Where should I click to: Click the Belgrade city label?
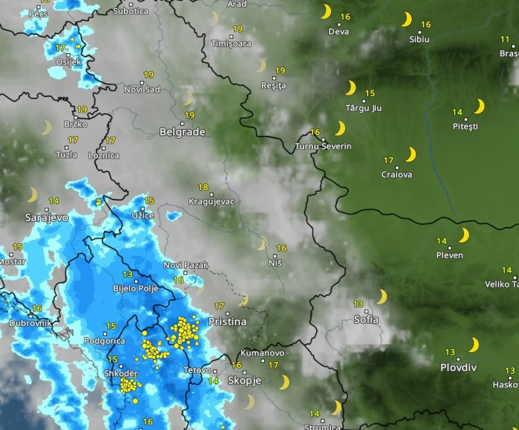(x=183, y=132)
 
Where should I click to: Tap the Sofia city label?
(x=366, y=320)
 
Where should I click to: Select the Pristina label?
(x=227, y=322)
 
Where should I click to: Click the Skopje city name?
(x=244, y=381)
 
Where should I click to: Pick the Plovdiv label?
(x=458, y=368)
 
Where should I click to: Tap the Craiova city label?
(x=397, y=174)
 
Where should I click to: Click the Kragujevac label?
(x=212, y=201)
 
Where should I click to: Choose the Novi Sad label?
(x=142, y=89)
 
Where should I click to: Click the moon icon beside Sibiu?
(x=407, y=20)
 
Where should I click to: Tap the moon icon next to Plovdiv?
(x=473, y=345)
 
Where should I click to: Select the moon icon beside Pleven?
(x=464, y=235)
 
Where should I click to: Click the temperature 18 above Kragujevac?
(x=203, y=187)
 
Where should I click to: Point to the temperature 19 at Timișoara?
(x=237, y=29)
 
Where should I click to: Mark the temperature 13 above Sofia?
(x=358, y=304)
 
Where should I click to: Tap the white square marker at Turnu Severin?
(x=323, y=139)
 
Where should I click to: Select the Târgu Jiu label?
(x=363, y=108)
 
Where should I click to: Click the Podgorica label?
(x=104, y=341)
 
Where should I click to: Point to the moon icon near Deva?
(x=325, y=12)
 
